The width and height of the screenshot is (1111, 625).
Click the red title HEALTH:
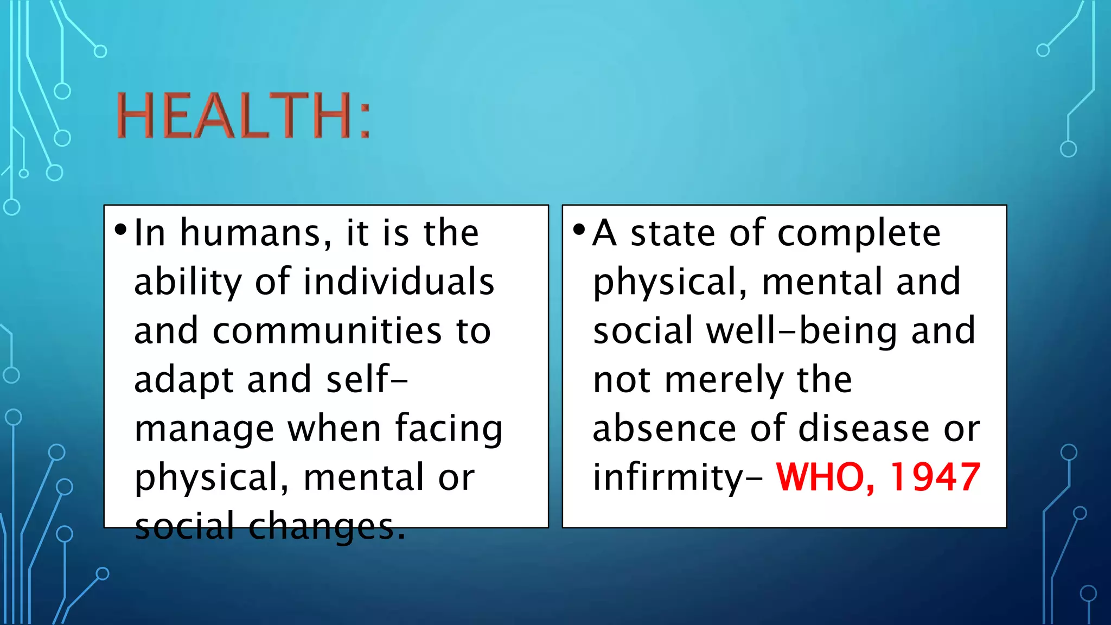(x=243, y=115)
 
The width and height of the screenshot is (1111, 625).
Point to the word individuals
(x=399, y=282)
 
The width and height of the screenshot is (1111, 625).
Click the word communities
(x=327, y=331)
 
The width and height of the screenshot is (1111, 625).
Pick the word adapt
(x=184, y=380)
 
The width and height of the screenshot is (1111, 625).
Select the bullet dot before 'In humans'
(x=120, y=229)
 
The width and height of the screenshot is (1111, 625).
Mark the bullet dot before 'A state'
(x=579, y=229)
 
